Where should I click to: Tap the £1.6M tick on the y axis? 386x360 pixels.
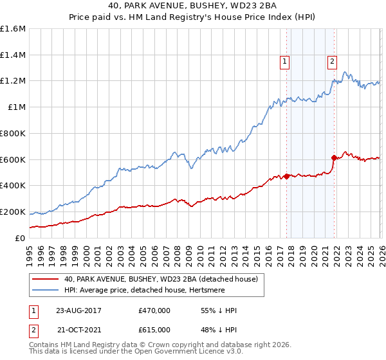point(13,29)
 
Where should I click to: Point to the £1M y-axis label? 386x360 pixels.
point(17,107)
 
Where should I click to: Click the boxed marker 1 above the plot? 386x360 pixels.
point(284,62)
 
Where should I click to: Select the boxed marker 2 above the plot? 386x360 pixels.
point(332,62)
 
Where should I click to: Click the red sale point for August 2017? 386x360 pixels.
point(286,175)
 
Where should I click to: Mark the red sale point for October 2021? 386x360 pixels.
point(333,157)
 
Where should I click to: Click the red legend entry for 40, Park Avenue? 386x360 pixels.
point(161,279)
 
